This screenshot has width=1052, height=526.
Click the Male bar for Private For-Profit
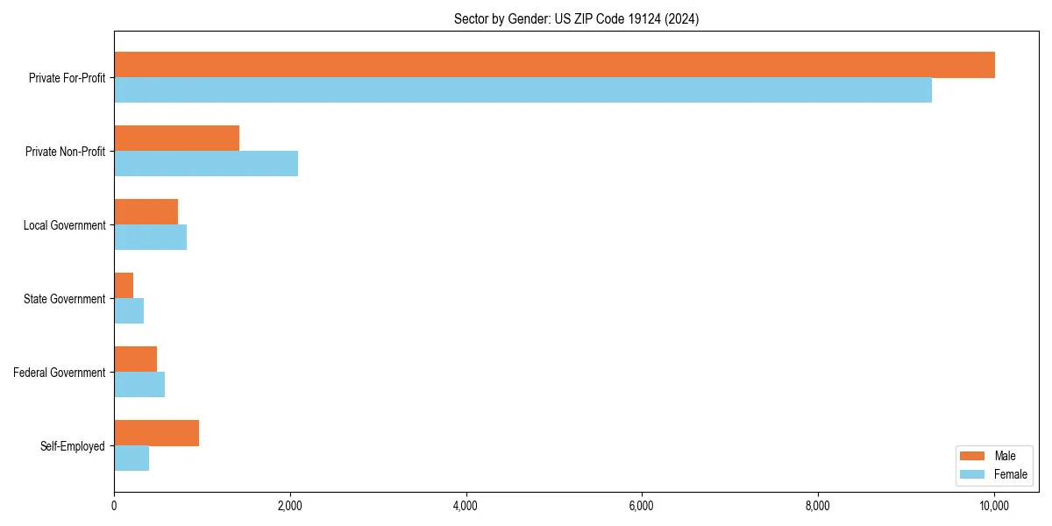[x=554, y=65]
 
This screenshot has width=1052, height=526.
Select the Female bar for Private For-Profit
[x=522, y=90]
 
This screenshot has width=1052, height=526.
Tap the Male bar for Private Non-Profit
[x=176, y=139]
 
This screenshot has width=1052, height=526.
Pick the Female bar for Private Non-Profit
[x=206, y=164]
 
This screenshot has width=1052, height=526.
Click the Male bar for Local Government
[x=146, y=212]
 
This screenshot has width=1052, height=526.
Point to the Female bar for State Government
[x=129, y=311]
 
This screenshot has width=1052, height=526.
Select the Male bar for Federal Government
[x=135, y=359]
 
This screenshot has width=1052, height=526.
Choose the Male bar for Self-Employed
[x=156, y=433]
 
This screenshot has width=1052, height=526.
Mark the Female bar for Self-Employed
[x=131, y=458]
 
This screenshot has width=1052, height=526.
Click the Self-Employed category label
[x=73, y=446]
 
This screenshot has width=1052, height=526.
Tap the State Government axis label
[x=65, y=299]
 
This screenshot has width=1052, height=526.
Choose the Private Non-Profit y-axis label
[x=66, y=152]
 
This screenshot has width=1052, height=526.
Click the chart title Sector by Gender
[x=576, y=18]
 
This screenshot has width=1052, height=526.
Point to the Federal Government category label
[x=60, y=373]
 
